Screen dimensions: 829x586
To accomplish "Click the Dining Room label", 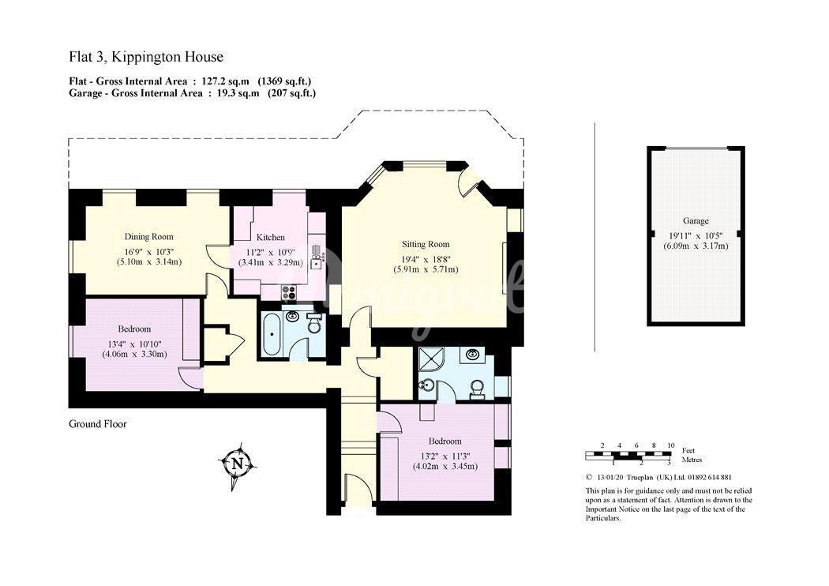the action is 148,236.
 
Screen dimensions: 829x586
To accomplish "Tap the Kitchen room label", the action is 270,238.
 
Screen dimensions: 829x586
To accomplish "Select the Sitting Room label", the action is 426,244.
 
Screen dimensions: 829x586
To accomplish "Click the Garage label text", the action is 696,220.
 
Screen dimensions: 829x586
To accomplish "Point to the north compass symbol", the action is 238,464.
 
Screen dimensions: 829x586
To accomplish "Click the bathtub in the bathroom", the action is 273,334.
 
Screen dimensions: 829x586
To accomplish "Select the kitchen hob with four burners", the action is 289,291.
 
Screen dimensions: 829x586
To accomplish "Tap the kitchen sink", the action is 316,258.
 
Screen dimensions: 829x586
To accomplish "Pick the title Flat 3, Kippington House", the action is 146,57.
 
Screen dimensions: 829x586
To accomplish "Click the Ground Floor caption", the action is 98,423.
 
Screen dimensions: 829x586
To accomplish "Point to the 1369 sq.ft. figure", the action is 284,81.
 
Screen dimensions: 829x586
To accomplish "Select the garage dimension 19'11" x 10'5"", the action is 696,235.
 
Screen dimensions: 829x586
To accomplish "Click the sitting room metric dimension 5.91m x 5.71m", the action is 426,269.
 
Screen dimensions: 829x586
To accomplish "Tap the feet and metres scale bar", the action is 628,456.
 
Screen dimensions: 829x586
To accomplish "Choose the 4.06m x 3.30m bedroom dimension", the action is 134,354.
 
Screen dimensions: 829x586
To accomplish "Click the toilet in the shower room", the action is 478,389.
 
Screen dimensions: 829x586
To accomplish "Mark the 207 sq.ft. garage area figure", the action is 292,93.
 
